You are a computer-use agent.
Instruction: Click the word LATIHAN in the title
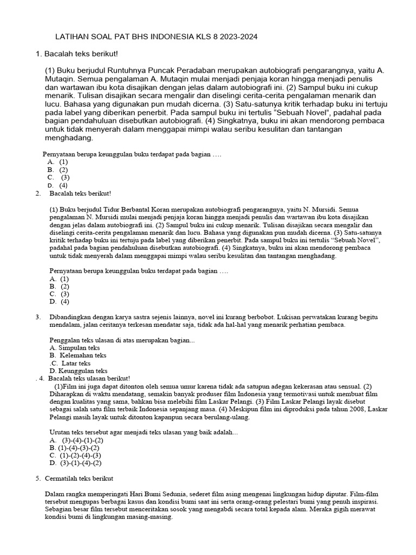pyautogui.click(x=73, y=37)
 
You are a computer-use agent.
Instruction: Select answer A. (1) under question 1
pyautogui.click(x=58, y=162)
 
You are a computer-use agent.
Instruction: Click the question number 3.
pyautogui.click(x=38, y=317)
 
